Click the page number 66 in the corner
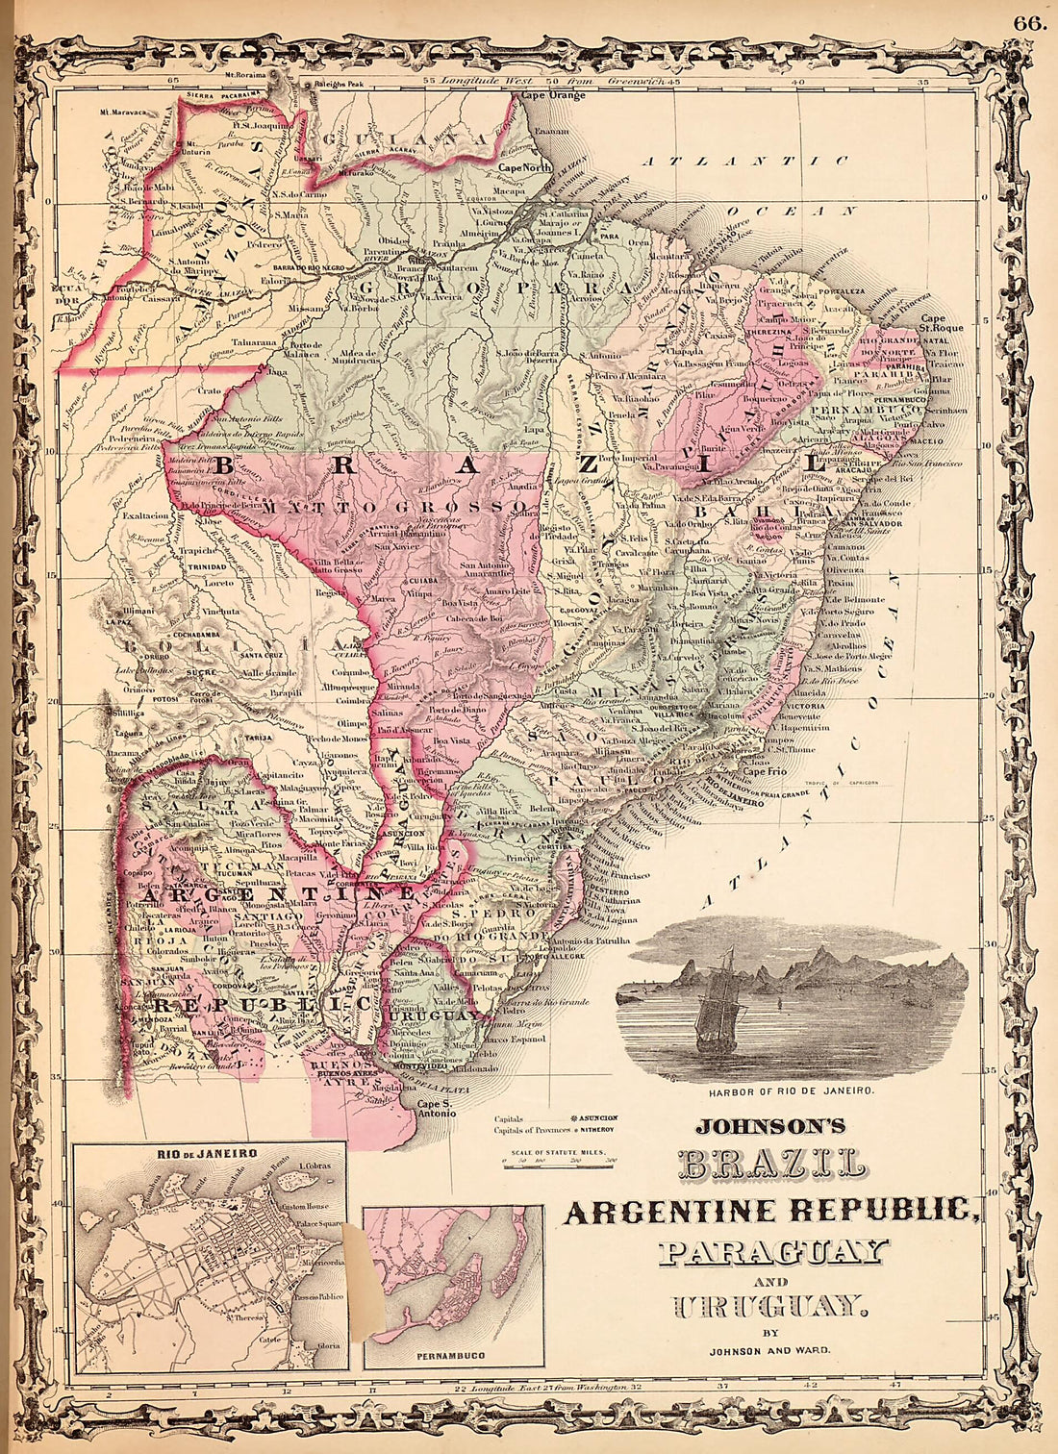[1027, 24]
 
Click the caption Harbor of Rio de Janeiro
[791, 1091]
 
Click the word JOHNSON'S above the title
[769, 1123]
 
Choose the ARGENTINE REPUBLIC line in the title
[772, 1211]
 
